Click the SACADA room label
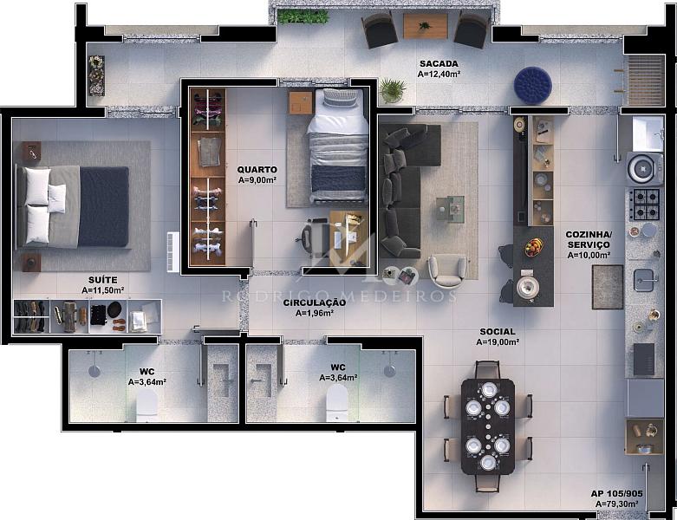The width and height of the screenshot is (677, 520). tap(439, 64)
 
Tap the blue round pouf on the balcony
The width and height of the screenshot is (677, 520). tap(533, 85)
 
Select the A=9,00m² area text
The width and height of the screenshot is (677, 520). tap(257, 180)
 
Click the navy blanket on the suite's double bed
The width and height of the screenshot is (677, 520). tap(104, 207)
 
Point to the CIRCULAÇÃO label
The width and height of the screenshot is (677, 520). tap(315, 303)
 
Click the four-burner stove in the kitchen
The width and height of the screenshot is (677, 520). tap(645, 204)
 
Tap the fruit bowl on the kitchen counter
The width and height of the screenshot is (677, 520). tap(534, 248)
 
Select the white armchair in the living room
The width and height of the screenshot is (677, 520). tap(448, 270)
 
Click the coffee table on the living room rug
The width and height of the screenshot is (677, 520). tap(450, 209)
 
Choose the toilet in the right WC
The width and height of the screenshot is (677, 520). tap(337, 403)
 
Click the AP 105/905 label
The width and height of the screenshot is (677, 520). tap(616, 494)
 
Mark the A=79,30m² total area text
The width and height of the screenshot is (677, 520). tap(616, 504)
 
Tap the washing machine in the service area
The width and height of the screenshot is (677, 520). tap(644, 168)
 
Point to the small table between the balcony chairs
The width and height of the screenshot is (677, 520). tap(426, 26)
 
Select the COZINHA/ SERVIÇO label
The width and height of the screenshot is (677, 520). tap(589, 239)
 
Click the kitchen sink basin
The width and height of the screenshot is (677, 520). tap(645, 280)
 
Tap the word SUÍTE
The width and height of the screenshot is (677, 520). tap(103, 280)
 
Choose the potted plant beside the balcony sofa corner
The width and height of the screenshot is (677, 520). tap(392, 90)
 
